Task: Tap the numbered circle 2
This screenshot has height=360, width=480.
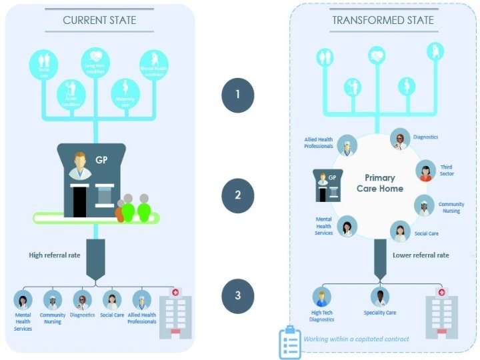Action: point(238,196)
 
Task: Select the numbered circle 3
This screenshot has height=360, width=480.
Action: point(238,295)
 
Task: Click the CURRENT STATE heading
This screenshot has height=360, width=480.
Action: point(99,20)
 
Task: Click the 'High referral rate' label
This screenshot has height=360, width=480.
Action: point(55,255)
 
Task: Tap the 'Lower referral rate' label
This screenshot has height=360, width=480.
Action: point(421,255)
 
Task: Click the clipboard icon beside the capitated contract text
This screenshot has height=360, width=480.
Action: point(289,343)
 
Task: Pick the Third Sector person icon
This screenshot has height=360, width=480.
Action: point(425,171)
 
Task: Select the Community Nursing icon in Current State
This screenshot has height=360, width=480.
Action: point(53,301)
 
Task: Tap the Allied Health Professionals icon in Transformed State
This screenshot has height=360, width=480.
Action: point(347,145)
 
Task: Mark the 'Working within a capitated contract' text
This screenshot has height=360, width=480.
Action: point(356,339)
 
